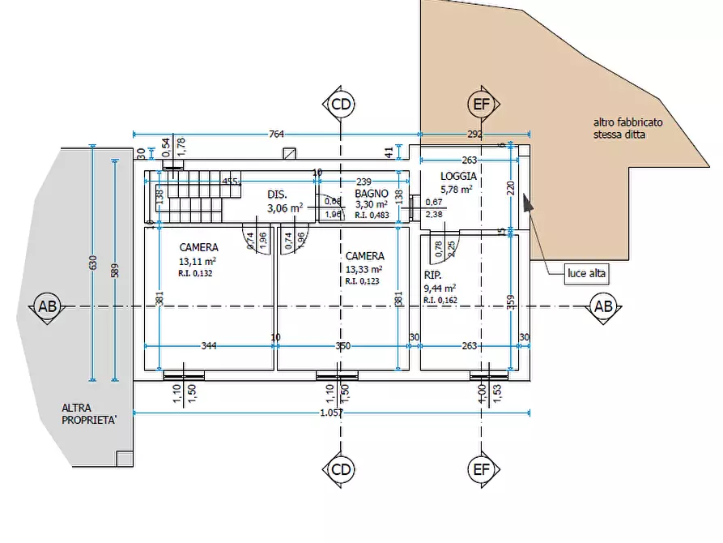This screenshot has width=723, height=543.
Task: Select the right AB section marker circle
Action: click(603, 306)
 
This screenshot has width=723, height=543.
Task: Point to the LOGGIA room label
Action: click(458, 176)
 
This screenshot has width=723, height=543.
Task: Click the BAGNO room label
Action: click(371, 194)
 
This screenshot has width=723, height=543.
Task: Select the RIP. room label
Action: click(432, 276)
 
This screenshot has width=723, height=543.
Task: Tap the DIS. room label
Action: click(278, 195)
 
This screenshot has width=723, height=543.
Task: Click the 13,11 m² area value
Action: click(198, 261)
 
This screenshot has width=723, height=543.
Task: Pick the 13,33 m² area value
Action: click(364, 269)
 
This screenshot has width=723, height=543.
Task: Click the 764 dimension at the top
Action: click(275, 135)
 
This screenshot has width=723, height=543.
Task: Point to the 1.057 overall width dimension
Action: click(332, 413)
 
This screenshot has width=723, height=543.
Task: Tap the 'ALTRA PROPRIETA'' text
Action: click(89, 414)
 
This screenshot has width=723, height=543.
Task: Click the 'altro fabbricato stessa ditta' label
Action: click(627, 129)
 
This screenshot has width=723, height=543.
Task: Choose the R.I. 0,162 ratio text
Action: click(440, 300)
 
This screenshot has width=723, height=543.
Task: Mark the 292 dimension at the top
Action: click(474, 135)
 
